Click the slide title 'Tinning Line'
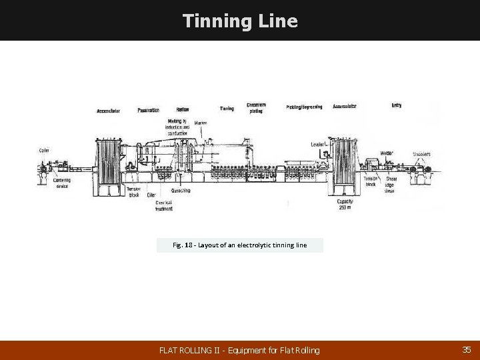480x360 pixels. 240,21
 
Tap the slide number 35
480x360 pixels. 465,349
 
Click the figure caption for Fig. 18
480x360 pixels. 240,245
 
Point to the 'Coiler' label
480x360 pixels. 43,150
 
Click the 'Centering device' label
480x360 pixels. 62,183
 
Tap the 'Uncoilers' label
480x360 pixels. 421,154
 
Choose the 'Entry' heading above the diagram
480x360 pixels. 397,105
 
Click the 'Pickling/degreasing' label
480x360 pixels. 304,107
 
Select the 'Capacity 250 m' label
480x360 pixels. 345,204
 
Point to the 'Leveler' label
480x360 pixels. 318,144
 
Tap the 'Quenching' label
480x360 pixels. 180,190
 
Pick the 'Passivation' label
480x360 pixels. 148,110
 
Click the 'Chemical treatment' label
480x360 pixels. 165,206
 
